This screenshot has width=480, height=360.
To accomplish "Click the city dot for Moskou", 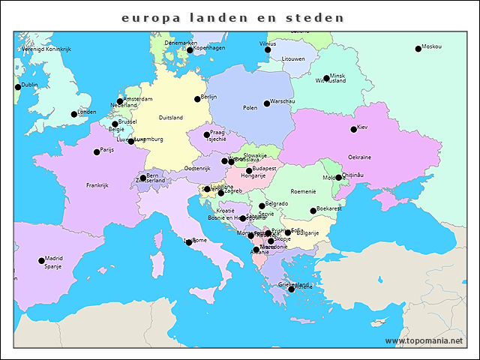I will pos(418,49).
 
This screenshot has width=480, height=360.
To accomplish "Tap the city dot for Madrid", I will pos(41,261).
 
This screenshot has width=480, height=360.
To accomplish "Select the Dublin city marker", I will pos(18,87).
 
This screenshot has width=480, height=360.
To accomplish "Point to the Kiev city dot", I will pos(354,130).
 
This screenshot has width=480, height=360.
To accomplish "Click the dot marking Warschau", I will pos(267,103).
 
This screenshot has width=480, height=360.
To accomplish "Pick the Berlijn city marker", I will pos(197,99).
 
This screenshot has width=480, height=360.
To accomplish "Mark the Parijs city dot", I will pos(97,152).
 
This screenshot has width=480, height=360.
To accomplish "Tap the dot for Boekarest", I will pos(313,211).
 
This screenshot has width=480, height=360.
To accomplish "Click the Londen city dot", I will pos(74,115).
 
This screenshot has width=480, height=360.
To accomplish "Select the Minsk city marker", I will pos(326,78).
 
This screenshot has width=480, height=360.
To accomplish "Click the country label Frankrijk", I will pos(97,185).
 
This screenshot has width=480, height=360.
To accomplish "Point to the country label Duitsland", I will pos(171,118).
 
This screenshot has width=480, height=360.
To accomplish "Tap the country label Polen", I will pos(250,108).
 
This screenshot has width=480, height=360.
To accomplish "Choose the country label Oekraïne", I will pos(359,157).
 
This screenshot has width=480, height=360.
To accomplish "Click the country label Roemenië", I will pos(304,192).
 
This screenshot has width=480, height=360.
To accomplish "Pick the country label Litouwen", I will pos(293,58).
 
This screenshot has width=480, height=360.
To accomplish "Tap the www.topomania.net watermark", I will pos(424,341).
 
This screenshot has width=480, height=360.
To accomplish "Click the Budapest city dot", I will pos(249,171).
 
